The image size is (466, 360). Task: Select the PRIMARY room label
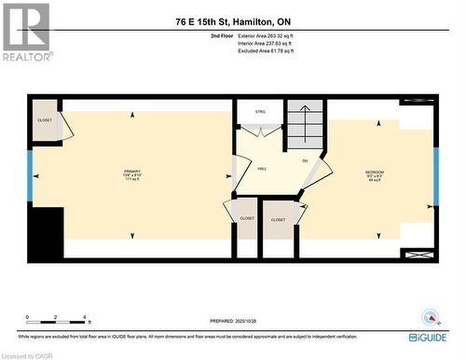tap(132, 173)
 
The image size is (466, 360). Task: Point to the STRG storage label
tap(261, 112)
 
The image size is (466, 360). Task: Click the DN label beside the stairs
tap(305, 161)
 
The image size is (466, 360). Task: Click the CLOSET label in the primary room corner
tap(45, 120)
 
